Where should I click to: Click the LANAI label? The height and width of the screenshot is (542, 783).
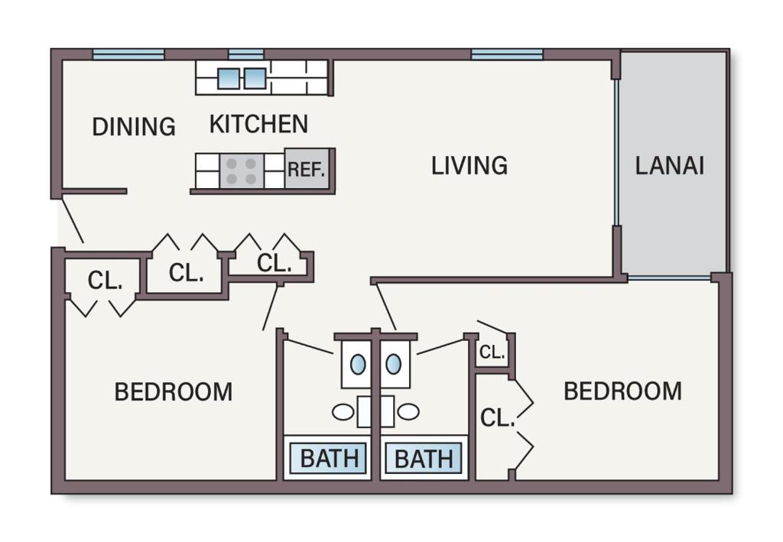669,165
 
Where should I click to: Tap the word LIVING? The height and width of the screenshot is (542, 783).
469,166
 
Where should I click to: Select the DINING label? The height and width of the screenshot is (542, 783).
134,126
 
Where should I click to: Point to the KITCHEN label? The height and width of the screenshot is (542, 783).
258,124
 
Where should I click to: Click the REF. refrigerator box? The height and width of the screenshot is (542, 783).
307,169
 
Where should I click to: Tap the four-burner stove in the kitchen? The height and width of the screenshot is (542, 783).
242,170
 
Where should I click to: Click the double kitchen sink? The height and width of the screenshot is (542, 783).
242,78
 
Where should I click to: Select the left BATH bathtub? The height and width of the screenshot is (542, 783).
329,458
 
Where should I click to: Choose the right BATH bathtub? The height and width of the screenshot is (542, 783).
424,458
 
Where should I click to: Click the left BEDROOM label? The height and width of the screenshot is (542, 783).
174,391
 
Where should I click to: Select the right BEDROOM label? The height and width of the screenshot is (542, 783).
622,391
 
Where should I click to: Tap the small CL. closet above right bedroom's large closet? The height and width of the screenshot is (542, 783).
492,352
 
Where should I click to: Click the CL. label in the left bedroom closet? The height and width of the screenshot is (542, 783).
105,281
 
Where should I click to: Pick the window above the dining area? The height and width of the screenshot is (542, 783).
128,54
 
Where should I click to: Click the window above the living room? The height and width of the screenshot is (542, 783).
507,54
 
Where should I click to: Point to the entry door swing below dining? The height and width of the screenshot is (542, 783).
72,221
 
